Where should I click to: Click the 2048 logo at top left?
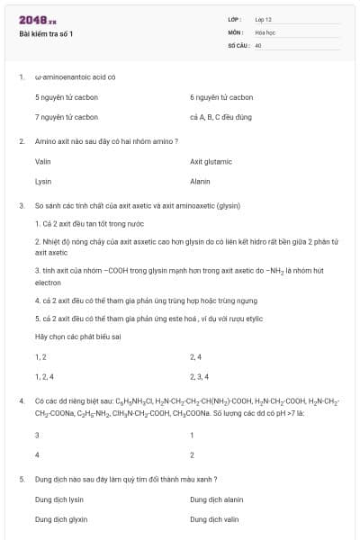click(x=37, y=20)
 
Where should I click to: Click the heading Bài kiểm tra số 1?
click(x=46, y=34)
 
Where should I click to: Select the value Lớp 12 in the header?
click(x=263, y=19)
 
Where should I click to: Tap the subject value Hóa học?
click(x=264, y=31)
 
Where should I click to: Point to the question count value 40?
click(x=257, y=44)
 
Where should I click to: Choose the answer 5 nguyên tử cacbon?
click(x=67, y=96)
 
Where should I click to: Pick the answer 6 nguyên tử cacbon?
click(x=221, y=96)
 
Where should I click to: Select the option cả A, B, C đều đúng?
click(x=220, y=117)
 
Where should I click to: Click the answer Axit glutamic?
click(x=211, y=161)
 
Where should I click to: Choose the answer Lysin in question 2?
click(x=43, y=181)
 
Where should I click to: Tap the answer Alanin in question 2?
click(x=200, y=181)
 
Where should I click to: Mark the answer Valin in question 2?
click(x=42, y=161)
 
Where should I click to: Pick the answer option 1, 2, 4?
click(x=45, y=375)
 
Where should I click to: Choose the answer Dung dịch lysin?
click(x=59, y=499)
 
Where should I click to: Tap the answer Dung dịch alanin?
click(x=217, y=499)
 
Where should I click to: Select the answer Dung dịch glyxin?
click(x=61, y=519)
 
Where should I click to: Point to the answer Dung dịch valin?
click(x=214, y=519)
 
